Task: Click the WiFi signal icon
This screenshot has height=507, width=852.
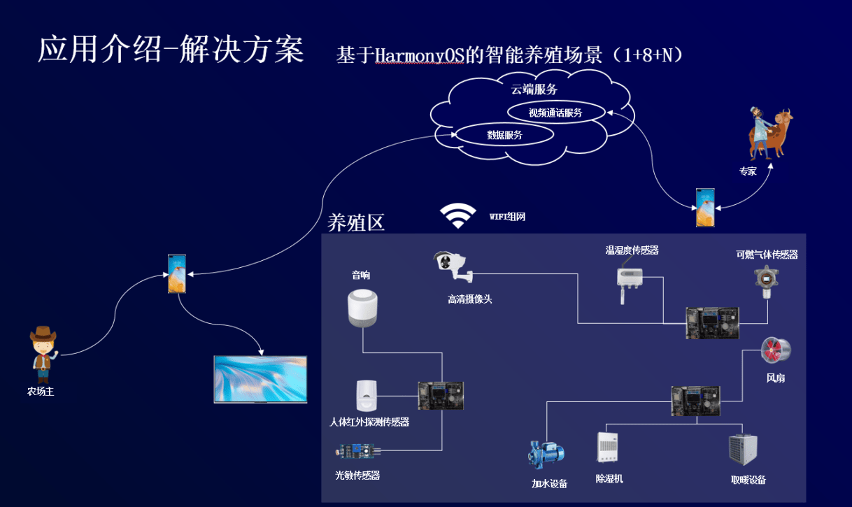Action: [x=458, y=216]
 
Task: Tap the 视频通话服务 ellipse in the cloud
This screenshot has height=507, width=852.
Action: [x=555, y=112]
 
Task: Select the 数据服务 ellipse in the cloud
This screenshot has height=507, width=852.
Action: [x=504, y=135]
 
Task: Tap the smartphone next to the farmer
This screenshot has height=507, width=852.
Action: [x=178, y=274]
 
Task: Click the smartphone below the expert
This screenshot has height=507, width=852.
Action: [x=705, y=207]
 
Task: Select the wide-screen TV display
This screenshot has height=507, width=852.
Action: [x=261, y=379]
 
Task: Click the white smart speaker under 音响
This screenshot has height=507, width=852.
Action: [x=363, y=308]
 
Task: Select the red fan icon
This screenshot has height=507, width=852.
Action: [x=776, y=350]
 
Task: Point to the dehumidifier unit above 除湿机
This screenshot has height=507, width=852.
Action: [x=607, y=448]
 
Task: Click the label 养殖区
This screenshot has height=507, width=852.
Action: [x=356, y=222]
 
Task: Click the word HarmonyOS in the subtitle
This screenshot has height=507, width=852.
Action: [x=420, y=55]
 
